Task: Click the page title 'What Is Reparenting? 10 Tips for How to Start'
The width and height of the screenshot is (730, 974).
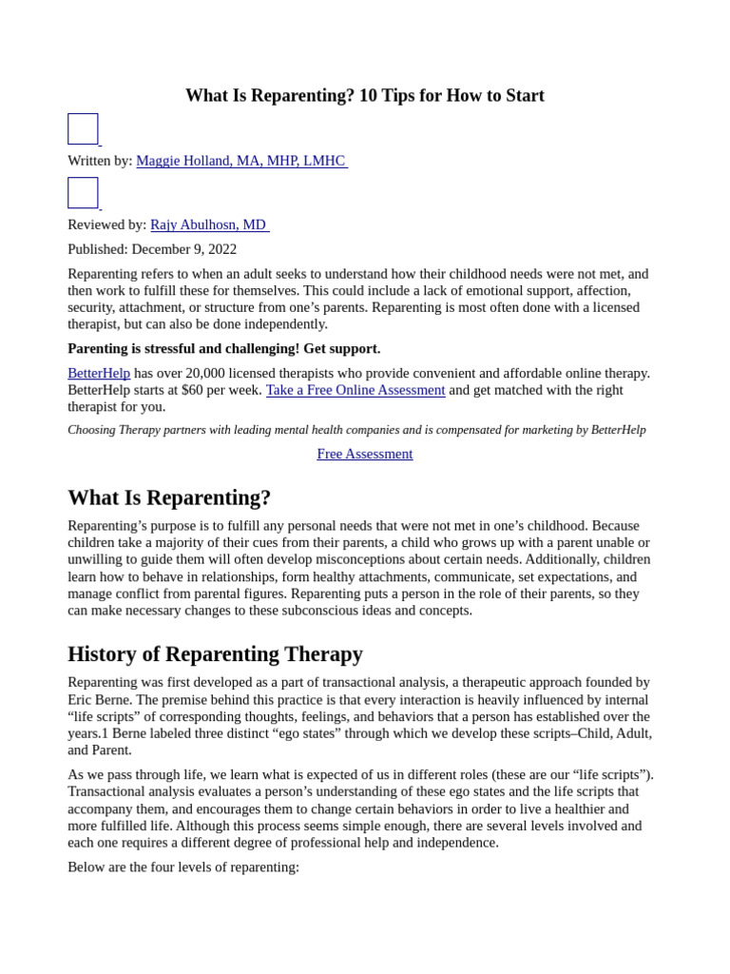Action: point(364,96)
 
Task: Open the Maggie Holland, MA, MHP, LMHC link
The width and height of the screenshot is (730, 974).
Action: point(240,161)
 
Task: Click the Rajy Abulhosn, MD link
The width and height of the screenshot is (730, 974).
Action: point(208,224)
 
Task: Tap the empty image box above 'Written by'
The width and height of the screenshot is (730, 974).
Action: point(83,129)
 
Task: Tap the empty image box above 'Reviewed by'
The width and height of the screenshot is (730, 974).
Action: point(83,193)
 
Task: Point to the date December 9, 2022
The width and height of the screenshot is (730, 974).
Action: point(184,249)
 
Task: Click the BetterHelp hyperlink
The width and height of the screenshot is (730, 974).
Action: point(99,373)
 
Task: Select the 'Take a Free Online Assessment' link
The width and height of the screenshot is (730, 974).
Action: point(355,390)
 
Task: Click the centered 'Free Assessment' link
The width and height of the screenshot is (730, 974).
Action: point(364,454)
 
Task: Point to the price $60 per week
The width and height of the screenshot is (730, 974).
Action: point(221,390)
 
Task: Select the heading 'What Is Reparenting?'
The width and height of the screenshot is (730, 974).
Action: point(169,497)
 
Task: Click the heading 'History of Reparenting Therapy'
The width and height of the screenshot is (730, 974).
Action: point(215,654)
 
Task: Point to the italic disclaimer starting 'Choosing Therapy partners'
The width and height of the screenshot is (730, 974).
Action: point(356,430)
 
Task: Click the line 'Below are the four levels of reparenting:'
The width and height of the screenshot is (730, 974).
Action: point(183,867)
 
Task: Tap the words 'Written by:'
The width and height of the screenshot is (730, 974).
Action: point(100,161)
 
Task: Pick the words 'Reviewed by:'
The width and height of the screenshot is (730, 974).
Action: point(106,224)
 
